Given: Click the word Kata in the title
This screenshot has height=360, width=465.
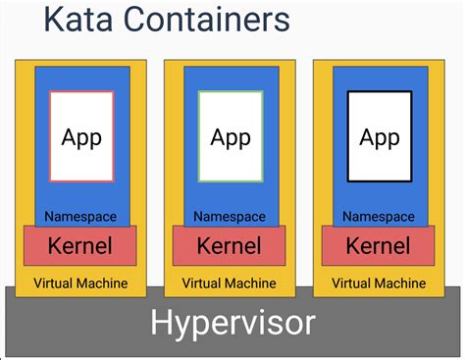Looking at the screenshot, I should (x=74, y=20).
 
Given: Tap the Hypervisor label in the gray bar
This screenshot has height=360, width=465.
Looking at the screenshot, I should (x=232, y=323).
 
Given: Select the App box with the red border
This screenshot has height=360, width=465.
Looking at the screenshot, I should (x=81, y=136).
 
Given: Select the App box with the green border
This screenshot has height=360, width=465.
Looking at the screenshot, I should (x=231, y=136).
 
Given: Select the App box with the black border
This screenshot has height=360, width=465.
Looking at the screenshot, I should (x=380, y=136).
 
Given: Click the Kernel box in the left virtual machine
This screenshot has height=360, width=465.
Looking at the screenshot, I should (x=80, y=245).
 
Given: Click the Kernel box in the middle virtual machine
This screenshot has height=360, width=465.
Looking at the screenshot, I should (x=230, y=245).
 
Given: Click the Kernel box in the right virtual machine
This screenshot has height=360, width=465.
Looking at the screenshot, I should (x=379, y=245).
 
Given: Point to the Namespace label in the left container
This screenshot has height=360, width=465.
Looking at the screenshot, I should (x=81, y=216).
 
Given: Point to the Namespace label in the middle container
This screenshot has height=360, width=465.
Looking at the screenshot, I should (x=230, y=216).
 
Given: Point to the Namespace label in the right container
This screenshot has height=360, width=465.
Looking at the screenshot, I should (x=379, y=216).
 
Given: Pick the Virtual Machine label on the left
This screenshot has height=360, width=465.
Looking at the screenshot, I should (x=80, y=283).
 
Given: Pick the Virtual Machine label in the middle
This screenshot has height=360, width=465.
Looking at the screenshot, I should (x=230, y=283).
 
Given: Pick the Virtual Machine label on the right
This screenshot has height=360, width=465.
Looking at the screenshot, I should (x=379, y=283).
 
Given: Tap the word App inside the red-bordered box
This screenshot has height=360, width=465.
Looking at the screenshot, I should (x=81, y=137).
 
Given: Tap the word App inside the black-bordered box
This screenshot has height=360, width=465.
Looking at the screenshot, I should (x=380, y=137).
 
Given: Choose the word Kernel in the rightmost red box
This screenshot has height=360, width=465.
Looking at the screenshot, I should (x=379, y=245).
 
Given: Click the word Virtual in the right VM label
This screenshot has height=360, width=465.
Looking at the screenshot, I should (x=352, y=283).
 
